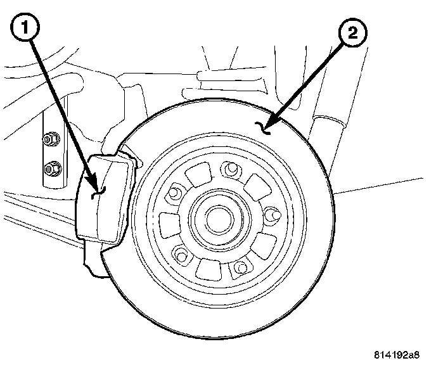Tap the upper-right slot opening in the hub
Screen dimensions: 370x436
257,186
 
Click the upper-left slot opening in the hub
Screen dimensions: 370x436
202,172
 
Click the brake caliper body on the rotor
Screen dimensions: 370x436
106,200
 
